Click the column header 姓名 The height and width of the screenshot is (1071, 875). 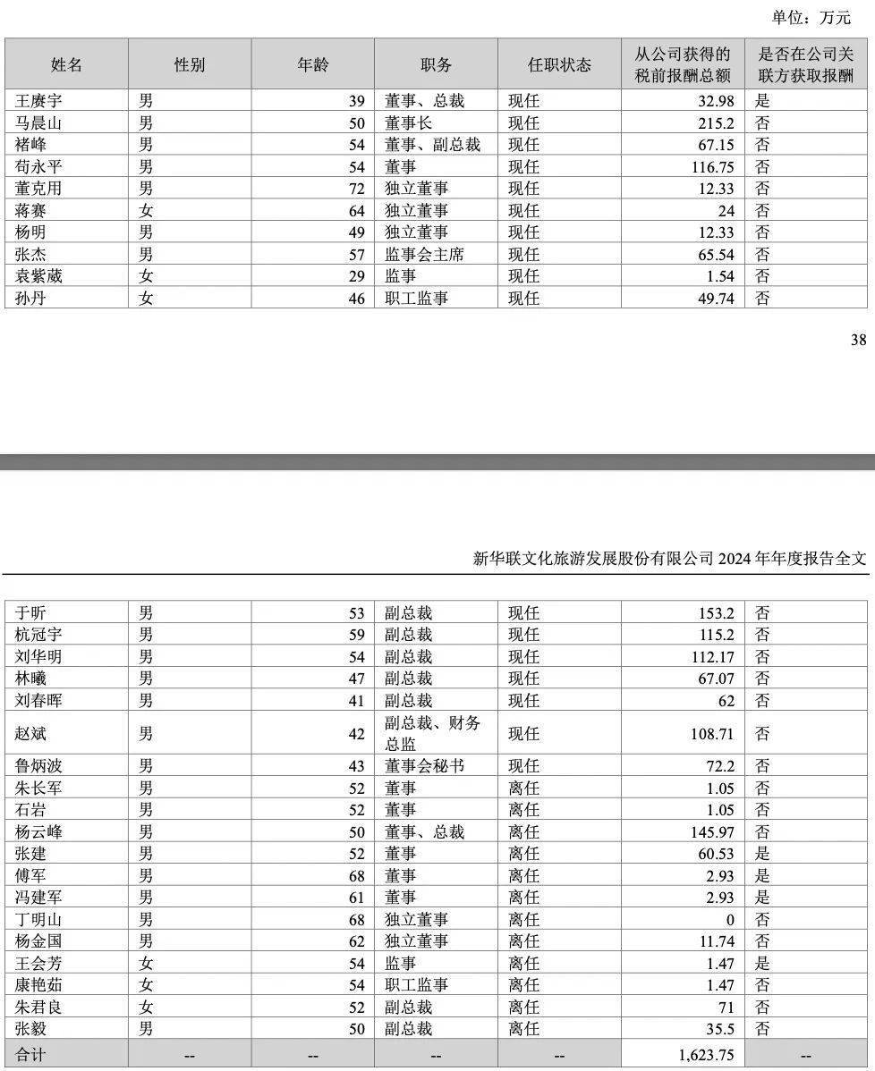(66, 64)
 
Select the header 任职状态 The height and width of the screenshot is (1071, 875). (559, 64)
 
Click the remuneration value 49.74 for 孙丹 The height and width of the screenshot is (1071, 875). (715, 299)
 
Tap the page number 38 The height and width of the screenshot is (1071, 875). (858, 339)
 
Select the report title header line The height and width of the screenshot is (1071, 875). (670, 559)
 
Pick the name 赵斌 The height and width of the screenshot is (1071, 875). (31, 734)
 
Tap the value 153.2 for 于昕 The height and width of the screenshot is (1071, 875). (716, 613)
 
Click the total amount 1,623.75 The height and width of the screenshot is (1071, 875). (706, 1055)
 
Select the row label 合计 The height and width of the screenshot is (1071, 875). (30, 1055)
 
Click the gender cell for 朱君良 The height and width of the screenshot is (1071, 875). (146, 1008)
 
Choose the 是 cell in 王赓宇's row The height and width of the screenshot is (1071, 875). (763, 101)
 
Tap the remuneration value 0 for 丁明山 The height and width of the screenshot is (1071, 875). (729, 920)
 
